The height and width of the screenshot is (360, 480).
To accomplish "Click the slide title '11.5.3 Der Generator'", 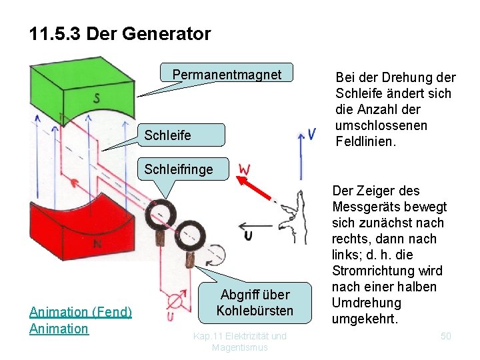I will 120,33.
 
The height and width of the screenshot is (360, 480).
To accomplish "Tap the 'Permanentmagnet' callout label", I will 227,75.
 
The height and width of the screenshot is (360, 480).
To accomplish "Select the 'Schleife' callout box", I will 168,135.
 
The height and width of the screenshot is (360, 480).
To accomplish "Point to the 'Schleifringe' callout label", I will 179,169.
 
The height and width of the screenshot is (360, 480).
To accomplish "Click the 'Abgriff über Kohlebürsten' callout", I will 255,303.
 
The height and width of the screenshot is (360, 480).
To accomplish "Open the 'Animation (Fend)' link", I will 81,311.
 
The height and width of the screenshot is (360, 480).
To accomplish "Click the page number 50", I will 445,336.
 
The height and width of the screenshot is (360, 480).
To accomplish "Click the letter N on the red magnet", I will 97,244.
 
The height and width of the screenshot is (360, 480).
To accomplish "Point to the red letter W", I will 245,170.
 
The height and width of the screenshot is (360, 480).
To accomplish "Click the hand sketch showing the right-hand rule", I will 293,217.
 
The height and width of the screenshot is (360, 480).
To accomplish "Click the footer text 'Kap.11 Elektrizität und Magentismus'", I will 240,341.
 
